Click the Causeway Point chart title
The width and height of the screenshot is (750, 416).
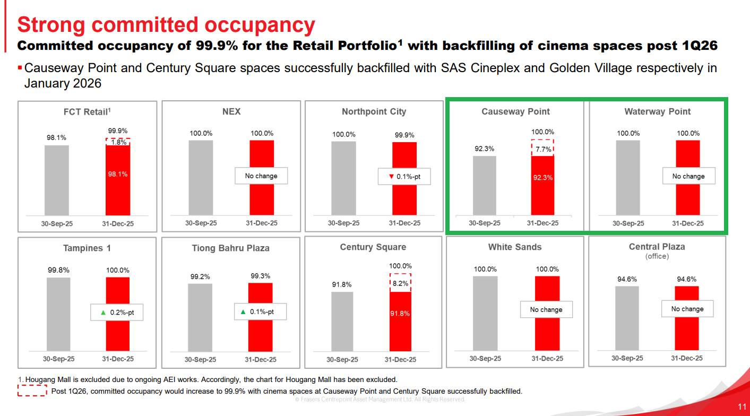pyautogui.click(x=515, y=111)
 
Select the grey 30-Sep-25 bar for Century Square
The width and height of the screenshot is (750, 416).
pyautogui.click(x=342, y=321)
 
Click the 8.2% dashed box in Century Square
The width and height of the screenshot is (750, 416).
pyautogui.click(x=400, y=283)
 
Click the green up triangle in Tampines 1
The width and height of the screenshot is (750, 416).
pyautogui.click(x=103, y=313)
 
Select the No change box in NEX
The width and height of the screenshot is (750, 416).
pyautogui.click(x=261, y=176)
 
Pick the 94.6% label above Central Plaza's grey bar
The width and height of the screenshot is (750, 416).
pyautogui.click(x=627, y=279)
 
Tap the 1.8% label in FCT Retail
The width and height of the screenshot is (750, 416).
pyautogui.click(x=118, y=142)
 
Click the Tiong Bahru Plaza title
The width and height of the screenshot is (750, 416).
pyautogui.click(x=230, y=248)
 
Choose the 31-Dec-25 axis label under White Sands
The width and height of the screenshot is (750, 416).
pyautogui.click(x=547, y=359)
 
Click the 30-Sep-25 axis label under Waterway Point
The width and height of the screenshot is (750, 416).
pyautogui.click(x=628, y=223)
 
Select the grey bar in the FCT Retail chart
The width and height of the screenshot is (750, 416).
pyautogui.click(x=57, y=180)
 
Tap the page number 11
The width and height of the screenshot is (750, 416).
pyautogui.click(x=742, y=407)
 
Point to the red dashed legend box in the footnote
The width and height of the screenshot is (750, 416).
pyautogui.click(x=32, y=392)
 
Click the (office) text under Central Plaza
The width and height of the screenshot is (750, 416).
pyautogui.click(x=657, y=256)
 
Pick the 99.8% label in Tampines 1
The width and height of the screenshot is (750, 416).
pyautogui.click(x=58, y=270)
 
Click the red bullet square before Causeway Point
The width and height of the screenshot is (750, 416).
pyautogui.click(x=20, y=68)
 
